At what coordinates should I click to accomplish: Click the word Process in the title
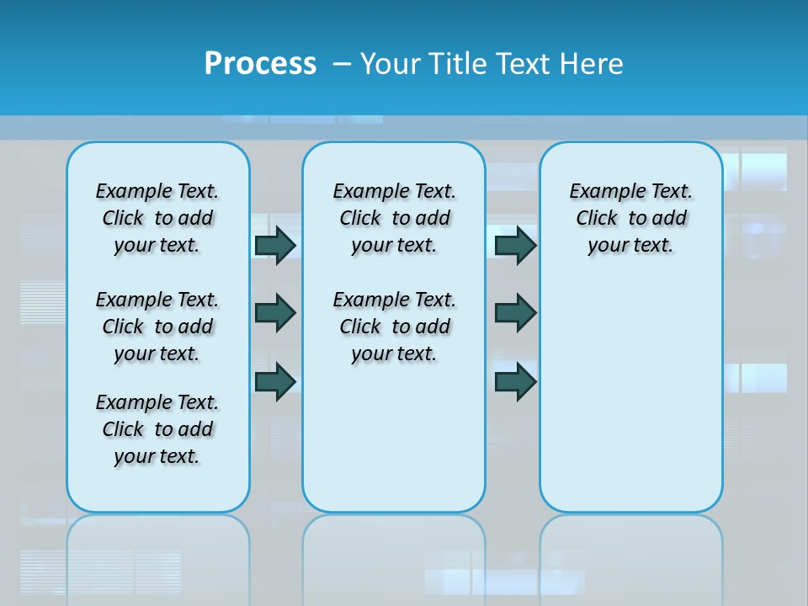[260, 64]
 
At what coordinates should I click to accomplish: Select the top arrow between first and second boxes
[275, 245]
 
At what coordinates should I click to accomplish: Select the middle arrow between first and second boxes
[275, 313]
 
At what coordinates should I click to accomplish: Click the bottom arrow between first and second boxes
[275, 381]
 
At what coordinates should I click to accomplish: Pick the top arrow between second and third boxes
[515, 245]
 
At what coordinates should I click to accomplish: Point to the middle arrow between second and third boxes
[515, 313]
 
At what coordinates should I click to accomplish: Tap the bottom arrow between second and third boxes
[515, 381]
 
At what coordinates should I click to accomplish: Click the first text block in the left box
[157, 218]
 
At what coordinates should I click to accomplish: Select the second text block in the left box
[157, 327]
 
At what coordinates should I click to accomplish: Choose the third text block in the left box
[157, 429]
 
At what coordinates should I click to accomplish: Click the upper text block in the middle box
[394, 218]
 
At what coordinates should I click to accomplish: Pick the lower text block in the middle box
[394, 327]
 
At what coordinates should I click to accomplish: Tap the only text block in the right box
[631, 218]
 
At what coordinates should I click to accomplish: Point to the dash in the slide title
[342, 64]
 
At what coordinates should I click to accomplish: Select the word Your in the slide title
[391, 64]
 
